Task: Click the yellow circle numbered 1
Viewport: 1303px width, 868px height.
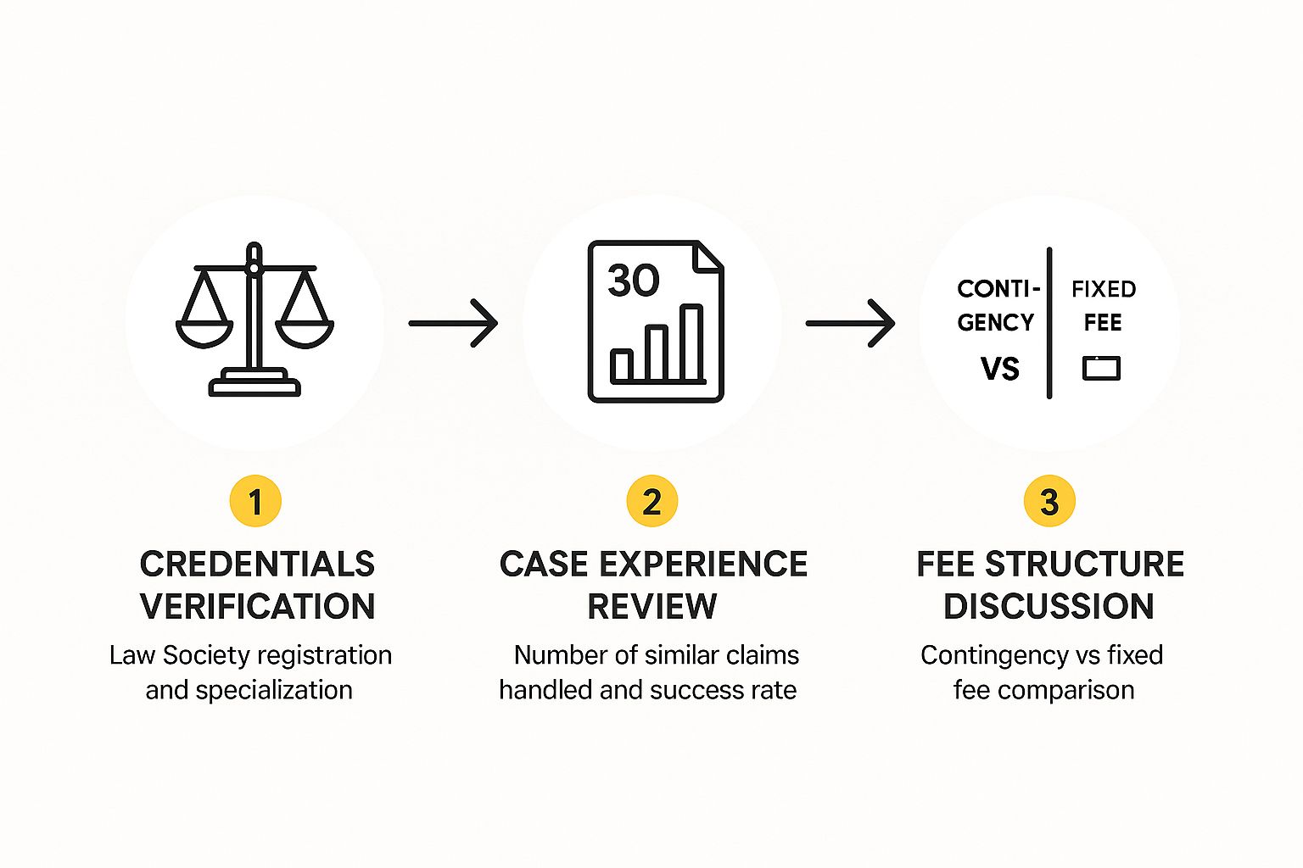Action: [254, 501]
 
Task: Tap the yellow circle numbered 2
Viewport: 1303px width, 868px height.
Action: [651, 501]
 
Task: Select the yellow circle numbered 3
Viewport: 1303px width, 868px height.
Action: [1049, 501]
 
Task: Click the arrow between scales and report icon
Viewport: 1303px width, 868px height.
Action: [453, 323]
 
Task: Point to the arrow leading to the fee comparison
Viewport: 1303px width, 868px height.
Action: [850, 323]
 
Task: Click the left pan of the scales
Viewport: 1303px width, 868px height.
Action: [204, 333]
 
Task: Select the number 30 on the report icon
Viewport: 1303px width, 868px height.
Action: [633, 281]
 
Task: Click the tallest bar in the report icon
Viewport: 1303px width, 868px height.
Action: [691, 343]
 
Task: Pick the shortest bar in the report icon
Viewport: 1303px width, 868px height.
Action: [622, 365]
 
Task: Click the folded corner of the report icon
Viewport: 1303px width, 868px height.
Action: [709, 257]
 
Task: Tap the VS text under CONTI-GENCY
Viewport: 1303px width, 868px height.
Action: [999, 369]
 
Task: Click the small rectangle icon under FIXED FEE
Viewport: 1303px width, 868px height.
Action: [1101, 368]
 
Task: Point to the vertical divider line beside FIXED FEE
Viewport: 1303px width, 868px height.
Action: [1049, 323]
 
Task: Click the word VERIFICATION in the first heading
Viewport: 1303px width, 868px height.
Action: [257, 606]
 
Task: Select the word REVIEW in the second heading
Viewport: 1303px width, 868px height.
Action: [651, 606]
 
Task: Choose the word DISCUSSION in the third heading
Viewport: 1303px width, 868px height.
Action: [1049, 606]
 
